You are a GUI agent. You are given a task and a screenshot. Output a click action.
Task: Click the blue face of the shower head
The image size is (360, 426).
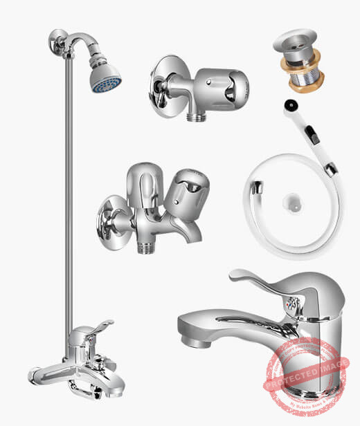[106, 82]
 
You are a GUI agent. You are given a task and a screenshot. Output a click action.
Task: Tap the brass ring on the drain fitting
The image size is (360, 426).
[304, 67]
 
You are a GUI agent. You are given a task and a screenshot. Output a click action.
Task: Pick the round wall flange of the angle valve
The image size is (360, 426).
[160, 84]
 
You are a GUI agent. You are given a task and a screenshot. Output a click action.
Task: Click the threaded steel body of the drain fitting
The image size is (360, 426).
[305, 83]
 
